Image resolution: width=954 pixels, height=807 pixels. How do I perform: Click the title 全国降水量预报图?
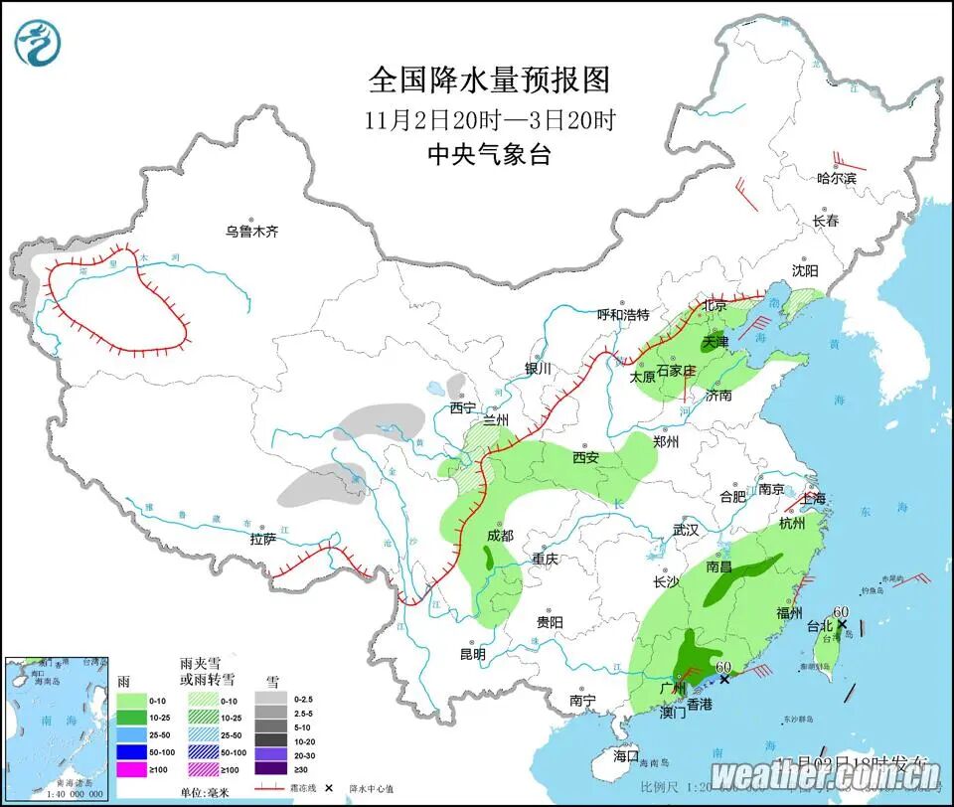pos(488,80)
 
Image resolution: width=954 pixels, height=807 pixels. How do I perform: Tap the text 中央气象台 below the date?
pos(488,154)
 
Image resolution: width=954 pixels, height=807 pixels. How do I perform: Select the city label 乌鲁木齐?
pos(251,232)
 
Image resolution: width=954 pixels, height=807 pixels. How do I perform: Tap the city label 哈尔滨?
pos(836,179)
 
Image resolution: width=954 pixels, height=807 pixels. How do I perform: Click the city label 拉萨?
pos(263,540)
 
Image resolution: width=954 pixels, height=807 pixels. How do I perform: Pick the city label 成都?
pos(500,535)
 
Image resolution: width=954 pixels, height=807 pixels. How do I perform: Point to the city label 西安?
pos(584,458)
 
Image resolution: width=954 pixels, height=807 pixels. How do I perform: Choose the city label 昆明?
pos(473,654)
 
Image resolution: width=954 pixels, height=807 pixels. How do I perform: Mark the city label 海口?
pos(627,755)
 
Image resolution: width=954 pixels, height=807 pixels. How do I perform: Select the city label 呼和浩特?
pos(622,315)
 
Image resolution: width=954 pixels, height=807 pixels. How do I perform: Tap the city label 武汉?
pos(686,530)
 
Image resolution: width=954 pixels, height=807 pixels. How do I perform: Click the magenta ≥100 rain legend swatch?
pos(133,768)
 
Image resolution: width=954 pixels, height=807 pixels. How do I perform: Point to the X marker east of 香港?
pos(724,680)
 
